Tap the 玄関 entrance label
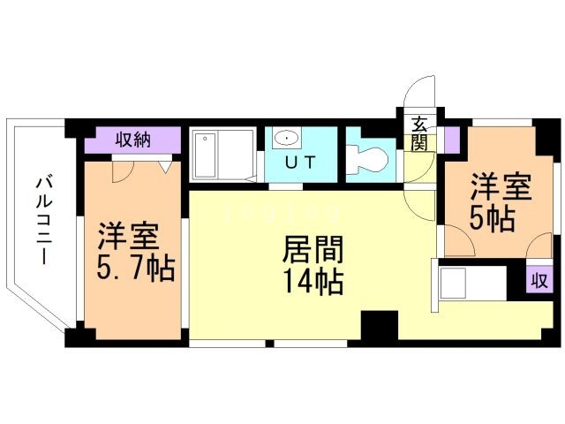[x=417, y=133]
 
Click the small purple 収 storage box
[x=539, y=281]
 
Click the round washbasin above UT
[x=285, y=138]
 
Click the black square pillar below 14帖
[x=380, y=325]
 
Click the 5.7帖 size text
[x=136, y=268]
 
